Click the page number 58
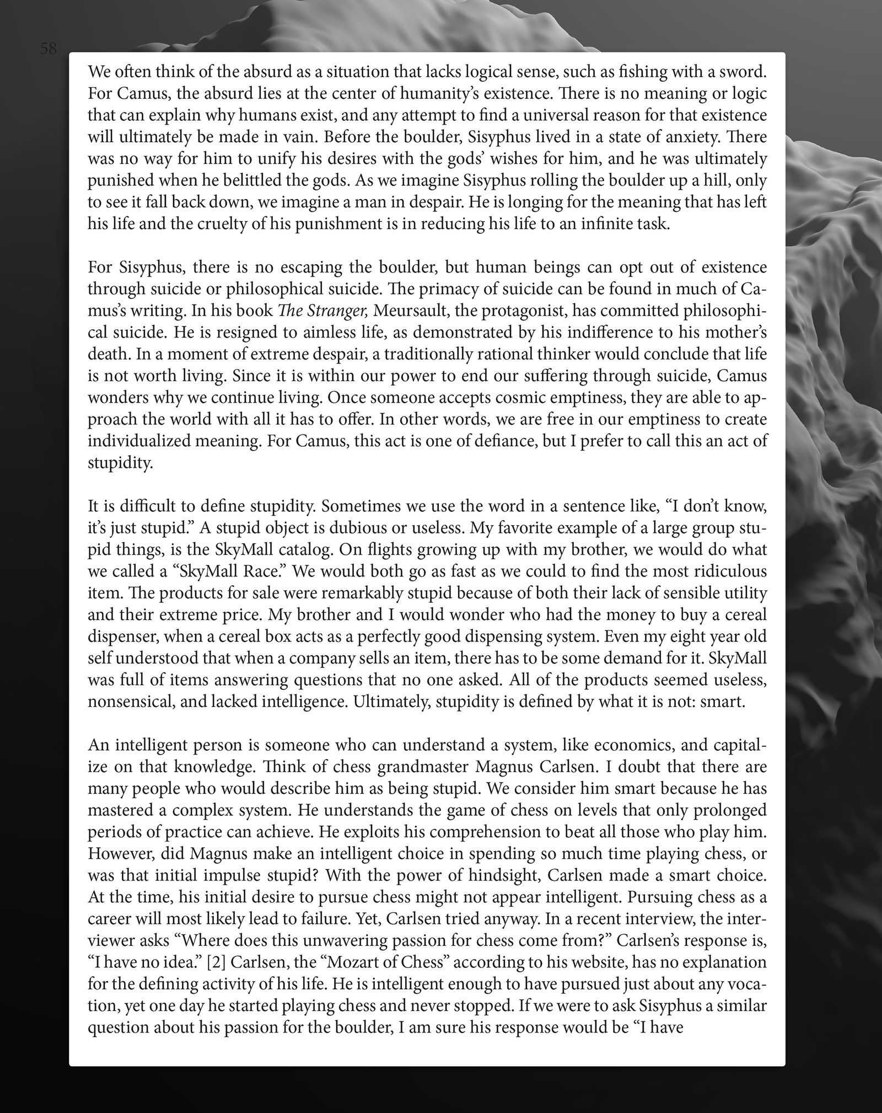[49, 49]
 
